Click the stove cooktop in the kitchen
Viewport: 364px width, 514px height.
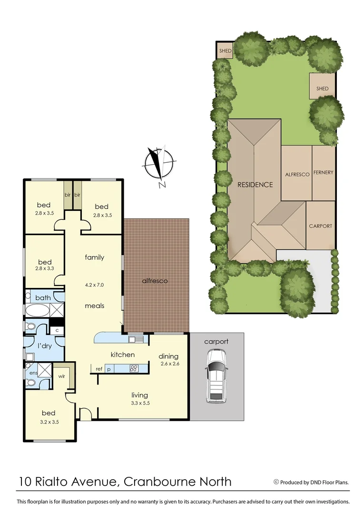(x=134, y=368)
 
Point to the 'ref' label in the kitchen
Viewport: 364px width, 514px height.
(x=99, y=369)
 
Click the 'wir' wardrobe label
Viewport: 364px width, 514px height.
(x=61, y=376)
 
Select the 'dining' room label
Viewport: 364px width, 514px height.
(x=168, y=356)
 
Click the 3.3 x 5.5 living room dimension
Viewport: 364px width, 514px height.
(x=140, y=404)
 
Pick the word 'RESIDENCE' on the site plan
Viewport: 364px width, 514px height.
(x=255, y=185)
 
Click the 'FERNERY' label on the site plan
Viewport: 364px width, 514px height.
(x=323, y=172)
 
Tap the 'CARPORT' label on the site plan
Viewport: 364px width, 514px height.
(x=320, y=226)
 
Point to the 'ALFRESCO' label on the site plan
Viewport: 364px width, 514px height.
(x=297, y=175)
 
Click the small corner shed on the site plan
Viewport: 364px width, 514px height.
(x=225, y=51)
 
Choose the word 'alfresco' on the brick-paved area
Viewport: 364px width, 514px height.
(x=155, y=281)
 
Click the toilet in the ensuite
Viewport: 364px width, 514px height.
(x=30, y=381)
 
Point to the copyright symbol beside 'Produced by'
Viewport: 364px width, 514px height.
(x=276, y=482)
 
